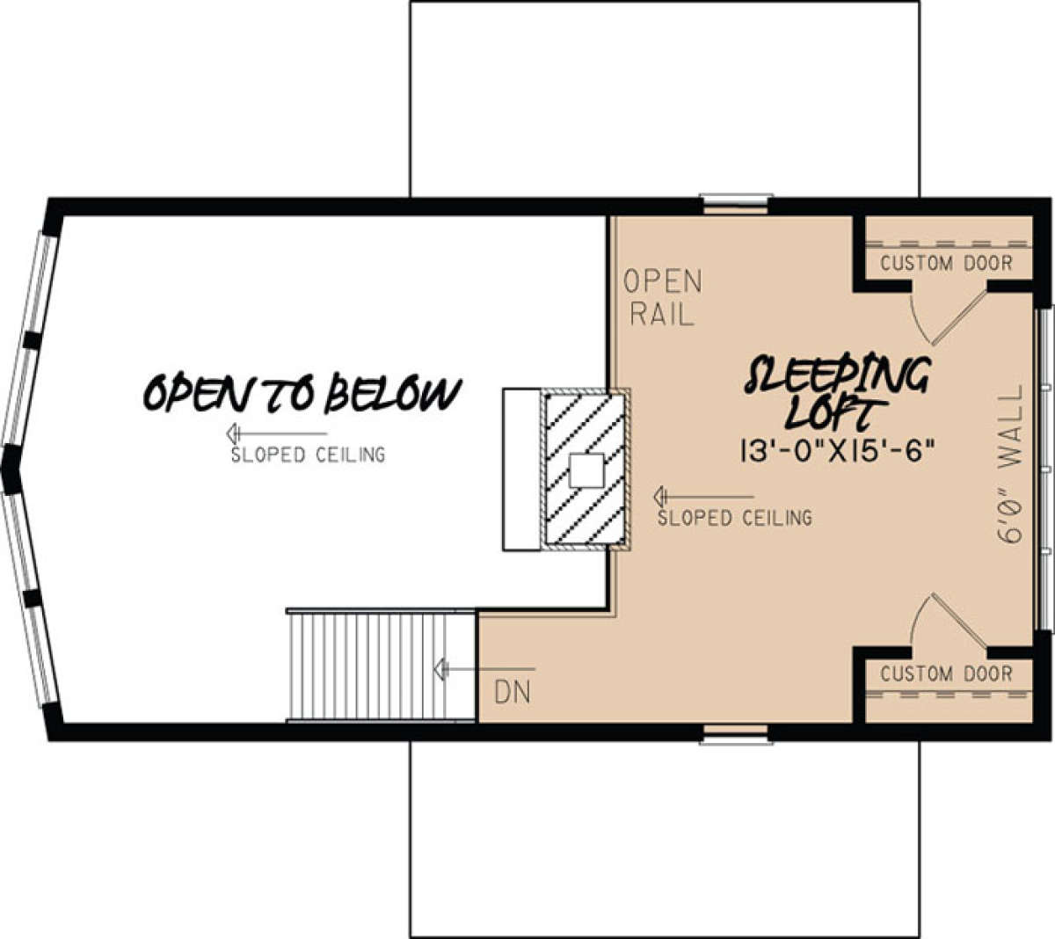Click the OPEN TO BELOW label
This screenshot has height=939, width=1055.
pos(302,393)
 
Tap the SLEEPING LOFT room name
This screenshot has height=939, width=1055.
pos(837,393)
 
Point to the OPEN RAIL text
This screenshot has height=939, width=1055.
pos(663,297)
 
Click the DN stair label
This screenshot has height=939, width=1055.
pos(512,693)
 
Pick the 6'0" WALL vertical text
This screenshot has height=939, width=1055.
pos(1010,464)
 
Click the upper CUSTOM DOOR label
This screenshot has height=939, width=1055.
pos(946,263)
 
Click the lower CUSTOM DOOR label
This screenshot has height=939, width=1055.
pos(946,673)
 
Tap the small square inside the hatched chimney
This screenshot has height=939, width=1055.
pos(586,470)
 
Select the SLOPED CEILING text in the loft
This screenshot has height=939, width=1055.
pos(734,518)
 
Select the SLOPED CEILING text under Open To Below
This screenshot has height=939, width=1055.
pos(308,455)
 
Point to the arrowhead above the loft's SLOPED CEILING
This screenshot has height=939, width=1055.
pos(661,497)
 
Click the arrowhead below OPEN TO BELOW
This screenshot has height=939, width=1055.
pos(233,433)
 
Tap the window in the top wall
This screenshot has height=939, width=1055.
pos(735,204)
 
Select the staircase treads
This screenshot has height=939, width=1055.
pos(381,665)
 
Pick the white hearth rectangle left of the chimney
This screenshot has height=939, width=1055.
pos(521,469)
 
